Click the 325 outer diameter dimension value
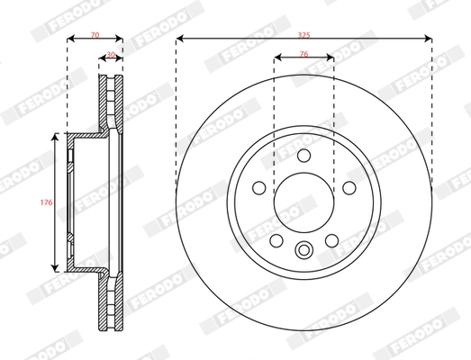click(x=304, y=32)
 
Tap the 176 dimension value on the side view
click(x=46, y=202)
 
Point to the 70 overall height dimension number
click(x=94, y=32)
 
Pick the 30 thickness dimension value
click(x=111, y=56)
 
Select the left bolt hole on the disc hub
click(x=259, y=187)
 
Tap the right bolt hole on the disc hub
click(x=348, y=187)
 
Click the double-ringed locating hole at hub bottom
click(x=303, y=251)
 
